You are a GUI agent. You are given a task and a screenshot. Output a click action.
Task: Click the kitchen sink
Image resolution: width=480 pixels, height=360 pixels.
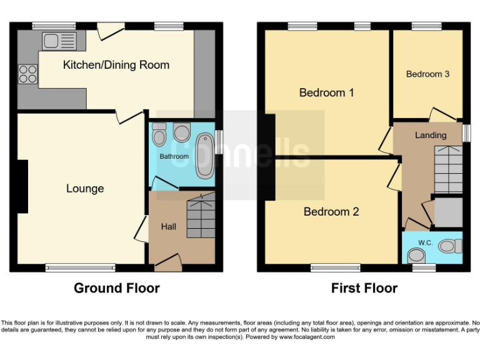[x=59, y=41]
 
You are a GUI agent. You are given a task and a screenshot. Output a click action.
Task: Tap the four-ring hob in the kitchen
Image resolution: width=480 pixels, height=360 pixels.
[x=28, y=74]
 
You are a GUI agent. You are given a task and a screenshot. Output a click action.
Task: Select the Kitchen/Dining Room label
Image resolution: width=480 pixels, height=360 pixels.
[x=116, y=65]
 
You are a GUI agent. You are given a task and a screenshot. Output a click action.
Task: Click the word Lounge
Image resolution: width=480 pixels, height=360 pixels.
[x=85, y=189]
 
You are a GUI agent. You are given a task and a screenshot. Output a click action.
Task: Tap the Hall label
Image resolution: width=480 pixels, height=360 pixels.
[x=169, y=226]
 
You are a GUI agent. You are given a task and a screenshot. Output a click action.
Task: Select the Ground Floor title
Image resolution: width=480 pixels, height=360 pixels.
[x=117, y=288]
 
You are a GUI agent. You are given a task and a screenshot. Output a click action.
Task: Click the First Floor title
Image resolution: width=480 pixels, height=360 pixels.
[x=364, y=288]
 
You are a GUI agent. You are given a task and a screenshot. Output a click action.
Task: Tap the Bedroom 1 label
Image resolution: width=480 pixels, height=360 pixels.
[x=327, y=93]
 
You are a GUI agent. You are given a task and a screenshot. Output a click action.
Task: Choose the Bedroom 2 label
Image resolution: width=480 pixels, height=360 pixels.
[x=331, y=212]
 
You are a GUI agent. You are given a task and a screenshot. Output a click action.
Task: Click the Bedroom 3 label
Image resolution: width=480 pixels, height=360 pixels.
[x=427, y=74]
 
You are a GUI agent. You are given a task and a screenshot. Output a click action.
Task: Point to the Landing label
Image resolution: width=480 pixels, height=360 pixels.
[x=431, y=135]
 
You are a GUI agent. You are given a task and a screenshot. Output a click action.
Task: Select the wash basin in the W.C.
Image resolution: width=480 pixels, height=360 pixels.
[x=416, y=254]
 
